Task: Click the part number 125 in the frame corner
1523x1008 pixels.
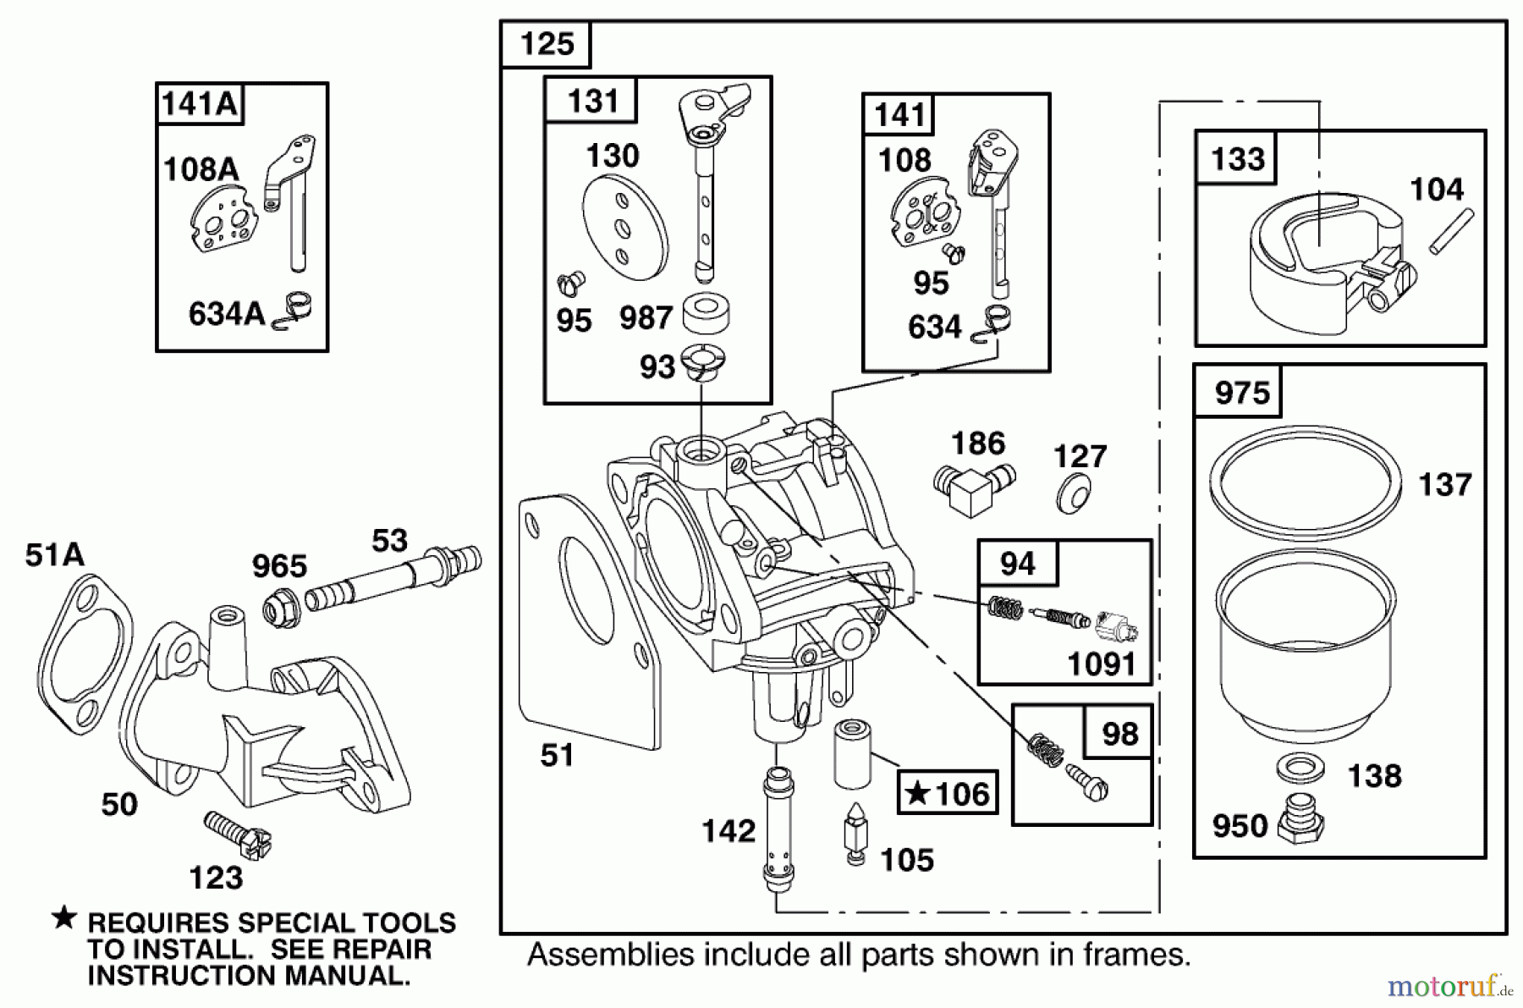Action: pos(547,44)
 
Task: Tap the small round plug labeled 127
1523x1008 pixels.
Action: pos(1074,493)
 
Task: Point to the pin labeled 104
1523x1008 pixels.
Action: pos(1452,231)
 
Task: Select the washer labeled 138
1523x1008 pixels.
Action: pos(1300,768)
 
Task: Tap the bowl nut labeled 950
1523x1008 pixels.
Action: pos(1300,818)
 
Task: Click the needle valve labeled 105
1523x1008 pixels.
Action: pos(856,834)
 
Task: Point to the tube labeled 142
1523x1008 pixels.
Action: pos(778,829)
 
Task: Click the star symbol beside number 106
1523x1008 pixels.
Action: pos(917,794)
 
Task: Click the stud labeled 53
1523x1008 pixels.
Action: pos(393,578)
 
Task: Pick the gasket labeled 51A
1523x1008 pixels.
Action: pos(85,652)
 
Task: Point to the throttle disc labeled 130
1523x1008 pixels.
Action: pos(624,228)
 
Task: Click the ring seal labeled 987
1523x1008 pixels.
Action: pos(706,315)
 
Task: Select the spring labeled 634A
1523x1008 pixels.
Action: pos(294,310)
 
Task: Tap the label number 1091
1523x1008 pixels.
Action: pos(1100,664)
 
